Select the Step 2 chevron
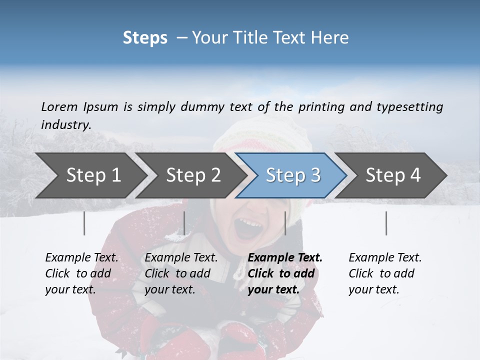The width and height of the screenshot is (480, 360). tap(193, 175)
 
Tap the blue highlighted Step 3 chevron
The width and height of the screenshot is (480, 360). tap(293, 175)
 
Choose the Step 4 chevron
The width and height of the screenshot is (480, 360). tap(393, 175)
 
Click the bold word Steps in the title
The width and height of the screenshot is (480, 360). tap(145, 38)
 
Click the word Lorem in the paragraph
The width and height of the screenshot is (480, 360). tap(59, 107)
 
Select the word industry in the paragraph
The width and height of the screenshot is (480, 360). tap(66, 125)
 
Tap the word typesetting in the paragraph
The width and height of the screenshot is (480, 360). tap(409, 107)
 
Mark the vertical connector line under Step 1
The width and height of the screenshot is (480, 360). tap(84, 223)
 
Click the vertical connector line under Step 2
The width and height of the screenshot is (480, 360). tap(184, 223)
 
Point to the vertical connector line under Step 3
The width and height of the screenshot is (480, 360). tap(285, 223)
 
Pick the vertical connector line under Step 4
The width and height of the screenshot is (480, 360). tap(386, 223)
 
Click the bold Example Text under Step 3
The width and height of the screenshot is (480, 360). tap(285, 258)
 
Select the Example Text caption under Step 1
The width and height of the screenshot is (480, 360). tap(81, 258)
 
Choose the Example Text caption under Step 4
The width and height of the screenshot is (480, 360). tap(385, 258)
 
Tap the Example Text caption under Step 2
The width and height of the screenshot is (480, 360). tap(181, 258)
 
